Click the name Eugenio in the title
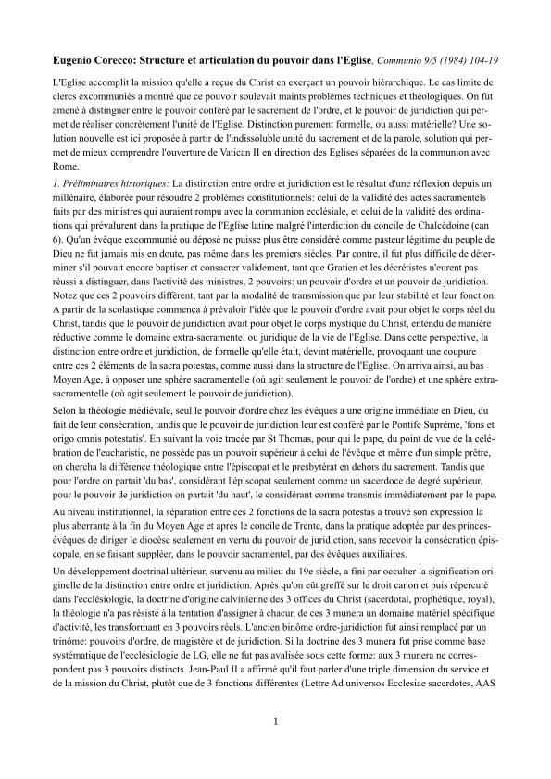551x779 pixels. click(76, 58)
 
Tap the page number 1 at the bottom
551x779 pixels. click(275, 746)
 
